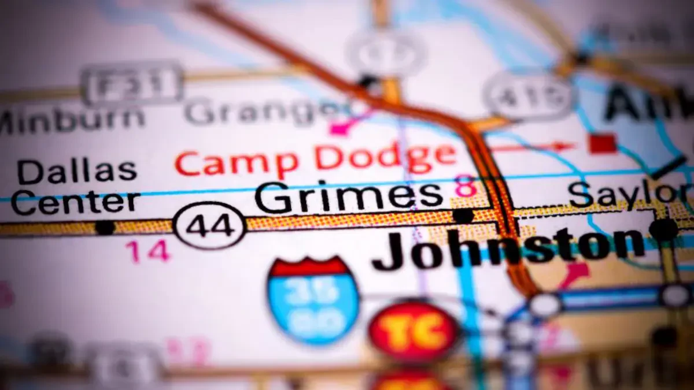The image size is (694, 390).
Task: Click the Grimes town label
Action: (349, 197)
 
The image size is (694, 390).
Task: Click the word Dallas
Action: (77, 172)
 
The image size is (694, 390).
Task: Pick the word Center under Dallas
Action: (76, 202)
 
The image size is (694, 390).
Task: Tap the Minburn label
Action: (72, 119)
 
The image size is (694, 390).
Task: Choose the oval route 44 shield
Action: (210, 226)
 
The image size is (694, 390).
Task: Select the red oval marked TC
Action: (414, 331)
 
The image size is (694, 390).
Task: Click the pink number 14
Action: (148, 251)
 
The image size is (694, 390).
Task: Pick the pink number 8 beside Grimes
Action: (466, 186)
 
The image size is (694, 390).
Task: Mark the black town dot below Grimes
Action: (463, 216)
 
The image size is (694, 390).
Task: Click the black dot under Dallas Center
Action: (105, 227)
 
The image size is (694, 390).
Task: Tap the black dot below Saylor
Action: (663, 229)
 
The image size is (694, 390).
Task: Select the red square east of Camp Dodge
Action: (602, 143)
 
